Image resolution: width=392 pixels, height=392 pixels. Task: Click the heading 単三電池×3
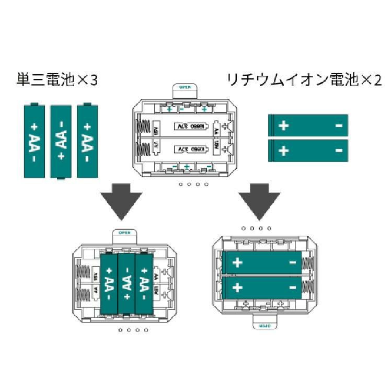57,81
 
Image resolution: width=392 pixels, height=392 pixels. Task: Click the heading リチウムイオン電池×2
304,81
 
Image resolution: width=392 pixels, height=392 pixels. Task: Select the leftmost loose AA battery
35,140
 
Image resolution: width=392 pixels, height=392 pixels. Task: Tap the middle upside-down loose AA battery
61,142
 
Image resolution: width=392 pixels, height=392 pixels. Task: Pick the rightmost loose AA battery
87,140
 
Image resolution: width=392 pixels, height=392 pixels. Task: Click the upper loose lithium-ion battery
308,126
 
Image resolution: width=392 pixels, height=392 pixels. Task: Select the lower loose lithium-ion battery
308,151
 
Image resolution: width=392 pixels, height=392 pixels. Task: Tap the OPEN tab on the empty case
185,89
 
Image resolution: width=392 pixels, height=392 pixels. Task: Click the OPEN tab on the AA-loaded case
124,234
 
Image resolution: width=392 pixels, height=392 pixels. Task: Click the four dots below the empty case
193,185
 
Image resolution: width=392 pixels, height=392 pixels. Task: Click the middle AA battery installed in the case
126,284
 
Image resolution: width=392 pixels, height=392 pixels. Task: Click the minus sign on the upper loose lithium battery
338,126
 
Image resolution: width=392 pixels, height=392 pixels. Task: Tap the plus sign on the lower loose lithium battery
283,151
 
